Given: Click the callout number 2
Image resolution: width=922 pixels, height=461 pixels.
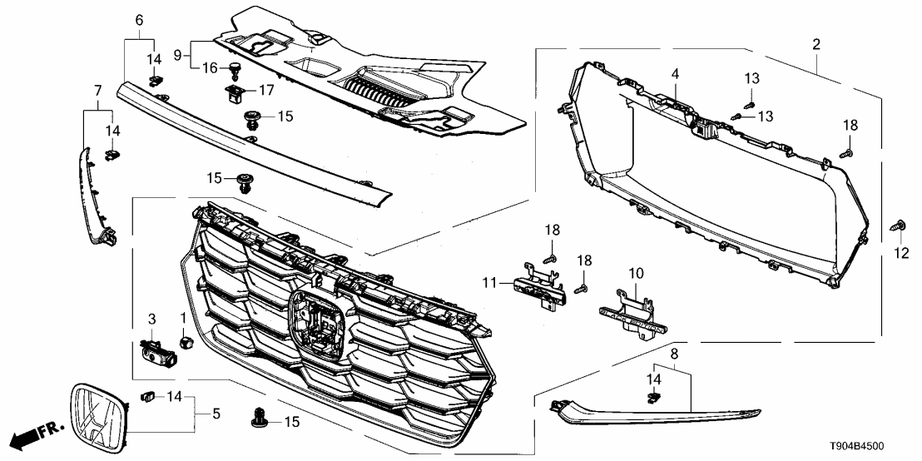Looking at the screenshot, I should (x=816, y=43).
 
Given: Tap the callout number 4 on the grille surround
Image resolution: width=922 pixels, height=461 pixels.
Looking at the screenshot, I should (x=677, y=74).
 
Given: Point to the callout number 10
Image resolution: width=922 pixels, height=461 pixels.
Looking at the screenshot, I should (x=637, y=273).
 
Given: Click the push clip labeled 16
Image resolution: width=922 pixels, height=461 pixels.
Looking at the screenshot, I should (x=234, y=67).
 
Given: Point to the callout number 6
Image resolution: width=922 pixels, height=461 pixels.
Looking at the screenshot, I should (x=139, y=19).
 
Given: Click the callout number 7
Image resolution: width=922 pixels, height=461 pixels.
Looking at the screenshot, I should (x=97, y=89).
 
